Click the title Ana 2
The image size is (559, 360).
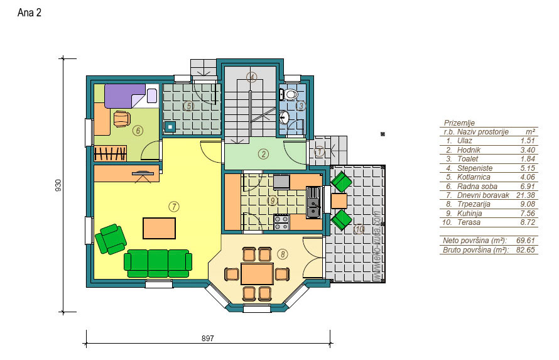pyautogui.click(x=30, y=13)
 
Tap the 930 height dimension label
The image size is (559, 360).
pyautogui.click(x=58, y=185)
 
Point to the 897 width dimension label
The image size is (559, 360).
pyautogui.click(x=207, y=338)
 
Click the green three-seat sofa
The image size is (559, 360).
pyautogui.click(x=158, y=263)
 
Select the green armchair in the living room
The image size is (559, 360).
pyautogui.click(x=111, y=239)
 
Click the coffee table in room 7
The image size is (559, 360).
pyautogui.click(x=160, y=228)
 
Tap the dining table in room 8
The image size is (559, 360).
pyautogui.click(x=257, y=273)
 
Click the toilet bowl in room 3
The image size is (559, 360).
pyautogui.click(x=290, y=94)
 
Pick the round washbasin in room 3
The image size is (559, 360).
pyautogui.click(x=284, y=117)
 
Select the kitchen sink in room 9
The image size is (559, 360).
pyautogui.click(x=313, y=202)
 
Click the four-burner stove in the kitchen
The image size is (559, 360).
pyautogui.click(x=281, y=223)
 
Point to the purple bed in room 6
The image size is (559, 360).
pyautogui.click(x=126, y=95)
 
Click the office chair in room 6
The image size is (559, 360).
pyautogui.click(x=122, y=118)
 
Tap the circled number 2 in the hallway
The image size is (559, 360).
pyautogui.click(x=263, y=154)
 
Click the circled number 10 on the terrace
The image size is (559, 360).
pyautogui.click(x=359, y=229)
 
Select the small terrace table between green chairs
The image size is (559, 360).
pyautogui.click(x=339, y=200)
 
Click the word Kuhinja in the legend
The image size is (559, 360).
pyautogui.click(x=470, y=213)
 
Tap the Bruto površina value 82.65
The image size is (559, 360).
pyautogui.click(x=526, y=250)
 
